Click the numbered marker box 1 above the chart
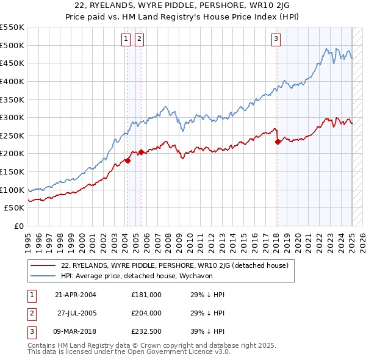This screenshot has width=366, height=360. click(x=126, y=40)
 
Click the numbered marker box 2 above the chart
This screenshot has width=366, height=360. click(x=139, y=40)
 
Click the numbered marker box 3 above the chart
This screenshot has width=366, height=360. click(x=276, y=40)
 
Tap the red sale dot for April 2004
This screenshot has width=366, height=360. click(x=128, y=160)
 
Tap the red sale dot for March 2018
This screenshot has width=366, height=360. click(x=278, y=142)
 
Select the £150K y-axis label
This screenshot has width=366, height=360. click(x=13, y=171)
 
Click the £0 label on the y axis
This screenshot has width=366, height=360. click(x=19, y=226)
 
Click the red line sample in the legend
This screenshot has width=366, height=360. click(x=43, y=265)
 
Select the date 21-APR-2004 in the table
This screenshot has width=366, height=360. click(x=75, y=295)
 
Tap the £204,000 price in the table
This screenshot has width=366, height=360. click(x=146, y=314)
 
